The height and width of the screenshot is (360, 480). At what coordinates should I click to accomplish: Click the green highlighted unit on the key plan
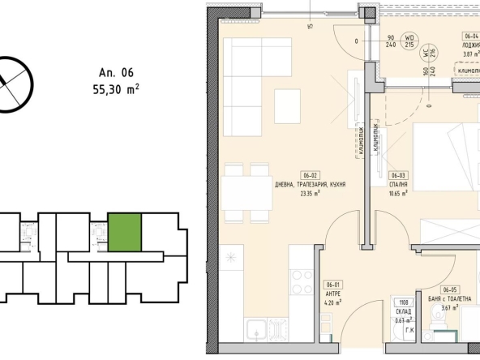point(125,230)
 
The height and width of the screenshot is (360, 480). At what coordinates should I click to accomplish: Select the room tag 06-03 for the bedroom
point(398,175)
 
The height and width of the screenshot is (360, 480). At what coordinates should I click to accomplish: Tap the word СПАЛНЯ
point(400,184)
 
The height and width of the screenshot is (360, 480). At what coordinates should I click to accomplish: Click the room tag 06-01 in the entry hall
point(332,285)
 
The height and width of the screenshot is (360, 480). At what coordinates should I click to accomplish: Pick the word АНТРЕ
point(332,294)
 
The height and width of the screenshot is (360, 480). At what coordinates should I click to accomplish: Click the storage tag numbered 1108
point(403,300)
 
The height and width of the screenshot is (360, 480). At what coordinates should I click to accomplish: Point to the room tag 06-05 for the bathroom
point(449,289)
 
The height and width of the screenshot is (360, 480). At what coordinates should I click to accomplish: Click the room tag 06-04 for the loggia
point(471,36)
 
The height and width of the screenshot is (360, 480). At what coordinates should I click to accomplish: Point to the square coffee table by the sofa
point(288,103)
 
